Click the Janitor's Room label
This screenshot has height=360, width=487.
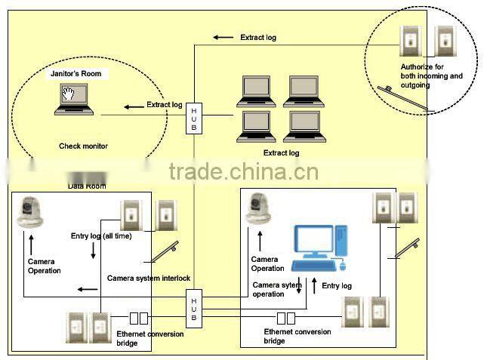tap(76, 74)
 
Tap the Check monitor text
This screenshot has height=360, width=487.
tap(83, 146)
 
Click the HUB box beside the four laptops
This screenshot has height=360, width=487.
tap(194, 118)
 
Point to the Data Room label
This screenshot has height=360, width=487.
tap(87, 186)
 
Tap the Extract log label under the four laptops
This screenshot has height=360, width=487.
tap(281, 153)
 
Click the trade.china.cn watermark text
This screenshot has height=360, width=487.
tap(243, 172)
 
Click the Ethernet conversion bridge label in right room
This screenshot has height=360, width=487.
tap(297, 336)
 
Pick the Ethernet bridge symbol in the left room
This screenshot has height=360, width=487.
tap(138, 318)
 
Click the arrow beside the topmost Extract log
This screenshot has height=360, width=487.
tap(223, 36)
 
